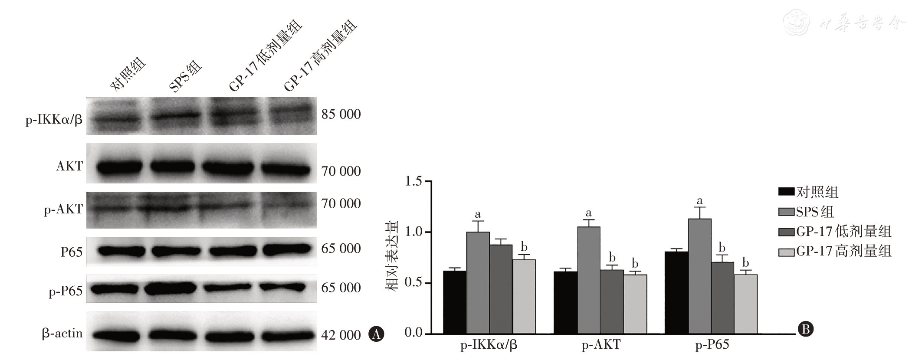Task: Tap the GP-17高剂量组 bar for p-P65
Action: pos(745,304)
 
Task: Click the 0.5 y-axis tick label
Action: pos(413,283)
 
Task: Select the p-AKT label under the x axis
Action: pos(601,345)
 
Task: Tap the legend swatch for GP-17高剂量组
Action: pos(786,252)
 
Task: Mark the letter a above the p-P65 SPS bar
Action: pos(699,201)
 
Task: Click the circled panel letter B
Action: pos(806,330)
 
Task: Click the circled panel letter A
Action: pos(376,334)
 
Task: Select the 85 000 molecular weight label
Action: pos(341,115)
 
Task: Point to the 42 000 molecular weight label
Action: pos(341,335)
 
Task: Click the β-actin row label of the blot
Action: pos(62,334)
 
